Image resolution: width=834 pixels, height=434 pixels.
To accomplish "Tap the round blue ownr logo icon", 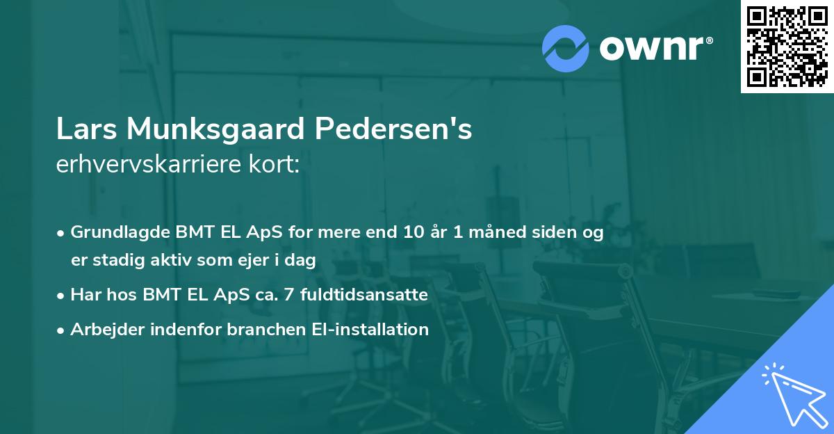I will [x=565, y=47].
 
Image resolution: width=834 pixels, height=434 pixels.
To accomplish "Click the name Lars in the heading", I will [x=85, y=129].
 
